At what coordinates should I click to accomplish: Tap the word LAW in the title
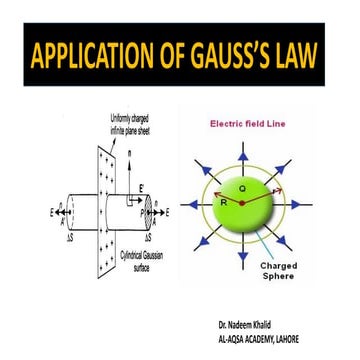307,58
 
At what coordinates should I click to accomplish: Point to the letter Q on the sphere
243,186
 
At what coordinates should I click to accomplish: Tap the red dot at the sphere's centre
243,205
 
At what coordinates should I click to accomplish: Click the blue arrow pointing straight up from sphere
243,150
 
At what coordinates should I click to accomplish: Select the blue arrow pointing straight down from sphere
243,260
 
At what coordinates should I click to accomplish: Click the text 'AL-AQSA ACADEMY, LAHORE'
279,337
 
